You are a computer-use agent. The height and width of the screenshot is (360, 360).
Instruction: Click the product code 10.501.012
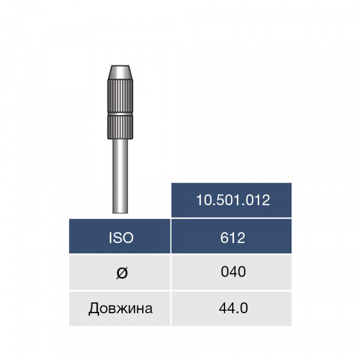pos(233,200)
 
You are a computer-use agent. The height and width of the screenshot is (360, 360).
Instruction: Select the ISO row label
pos(121,238)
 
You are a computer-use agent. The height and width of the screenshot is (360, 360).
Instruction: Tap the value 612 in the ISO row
pos(233,238)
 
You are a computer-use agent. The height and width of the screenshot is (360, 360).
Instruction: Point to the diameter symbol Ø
pos(122,273)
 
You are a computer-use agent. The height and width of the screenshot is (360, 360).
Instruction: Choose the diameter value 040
pos(233,272)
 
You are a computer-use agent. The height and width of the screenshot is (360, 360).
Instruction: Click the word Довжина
pos(121,308)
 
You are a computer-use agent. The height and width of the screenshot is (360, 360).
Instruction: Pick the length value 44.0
pos(233,308)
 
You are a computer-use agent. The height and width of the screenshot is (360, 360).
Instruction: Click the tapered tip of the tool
pos(120,73)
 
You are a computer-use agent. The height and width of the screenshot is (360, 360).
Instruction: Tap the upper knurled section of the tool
pos(120,96)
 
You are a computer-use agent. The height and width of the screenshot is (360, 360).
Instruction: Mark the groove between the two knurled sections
pos(120,114)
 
